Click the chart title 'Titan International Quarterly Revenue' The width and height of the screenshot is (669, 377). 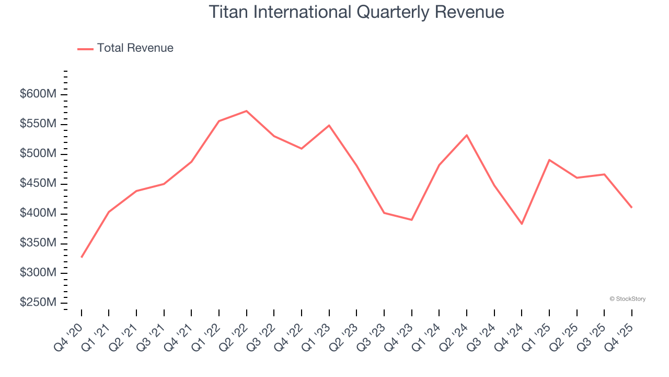[x=356, y=12]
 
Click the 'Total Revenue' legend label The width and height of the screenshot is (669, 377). [x=135, y=48]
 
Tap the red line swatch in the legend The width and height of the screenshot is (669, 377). [x=85, y=49]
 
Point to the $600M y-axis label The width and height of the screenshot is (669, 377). [x=38, y=94]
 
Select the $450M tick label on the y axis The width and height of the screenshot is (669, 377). [x=38, y=184]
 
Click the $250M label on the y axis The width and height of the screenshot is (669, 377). [x=38, y=303]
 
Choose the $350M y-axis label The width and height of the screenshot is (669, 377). [x=38, y=243]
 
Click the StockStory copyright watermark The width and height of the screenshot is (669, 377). [x=627, y=299]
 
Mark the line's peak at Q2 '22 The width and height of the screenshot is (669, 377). [x=246, y=111]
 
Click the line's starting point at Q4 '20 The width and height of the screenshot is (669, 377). [x=82, y=257]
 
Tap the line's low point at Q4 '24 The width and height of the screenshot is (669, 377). [x=522, y=224]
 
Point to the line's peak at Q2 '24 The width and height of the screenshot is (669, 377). [x=467, y=135]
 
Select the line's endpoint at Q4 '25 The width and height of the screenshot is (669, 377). [x=631, y=207]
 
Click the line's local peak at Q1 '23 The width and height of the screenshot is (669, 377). [x=329, y=125]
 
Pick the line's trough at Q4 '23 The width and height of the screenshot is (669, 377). [x=412, y=220]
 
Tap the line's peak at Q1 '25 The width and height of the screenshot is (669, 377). [x=549, y=160]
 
